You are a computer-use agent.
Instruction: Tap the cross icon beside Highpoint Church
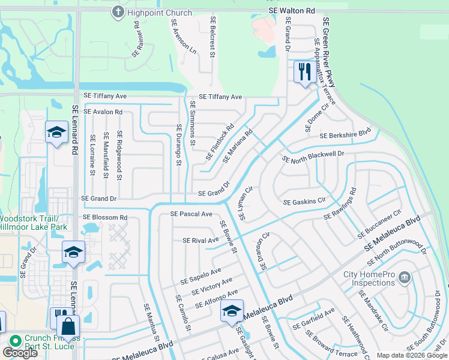118,12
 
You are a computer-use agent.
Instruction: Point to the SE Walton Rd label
291,11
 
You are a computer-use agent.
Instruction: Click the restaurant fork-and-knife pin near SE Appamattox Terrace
304,73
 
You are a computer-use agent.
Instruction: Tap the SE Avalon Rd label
103,112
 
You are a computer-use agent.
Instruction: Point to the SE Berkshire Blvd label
345,136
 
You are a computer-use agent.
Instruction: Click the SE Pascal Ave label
191,214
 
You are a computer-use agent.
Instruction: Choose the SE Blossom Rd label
105,217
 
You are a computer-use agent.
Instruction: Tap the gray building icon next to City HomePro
405,277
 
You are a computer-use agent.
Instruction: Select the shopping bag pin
68,328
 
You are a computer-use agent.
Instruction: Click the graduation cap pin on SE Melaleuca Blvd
232,311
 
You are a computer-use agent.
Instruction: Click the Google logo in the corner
20,353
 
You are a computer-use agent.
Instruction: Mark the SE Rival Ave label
200,241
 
